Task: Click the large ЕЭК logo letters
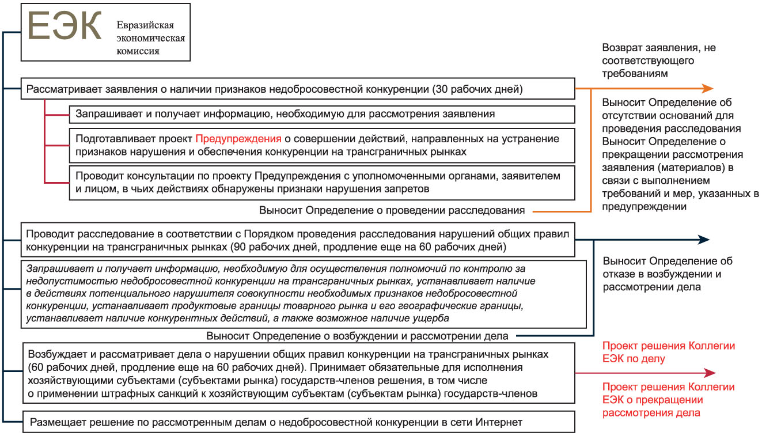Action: tap(65, 27)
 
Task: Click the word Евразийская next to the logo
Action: tap(145, 26)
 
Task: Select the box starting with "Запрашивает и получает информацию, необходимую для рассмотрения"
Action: tap(321, 114)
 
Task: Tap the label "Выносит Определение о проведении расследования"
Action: tap(392, 210)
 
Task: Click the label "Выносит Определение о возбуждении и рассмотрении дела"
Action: tap(357, 336)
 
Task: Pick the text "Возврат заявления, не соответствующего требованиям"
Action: tap(658, 60)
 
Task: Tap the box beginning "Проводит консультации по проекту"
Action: tap(321, 181)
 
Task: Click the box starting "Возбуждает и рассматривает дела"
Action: tap(299, 373)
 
